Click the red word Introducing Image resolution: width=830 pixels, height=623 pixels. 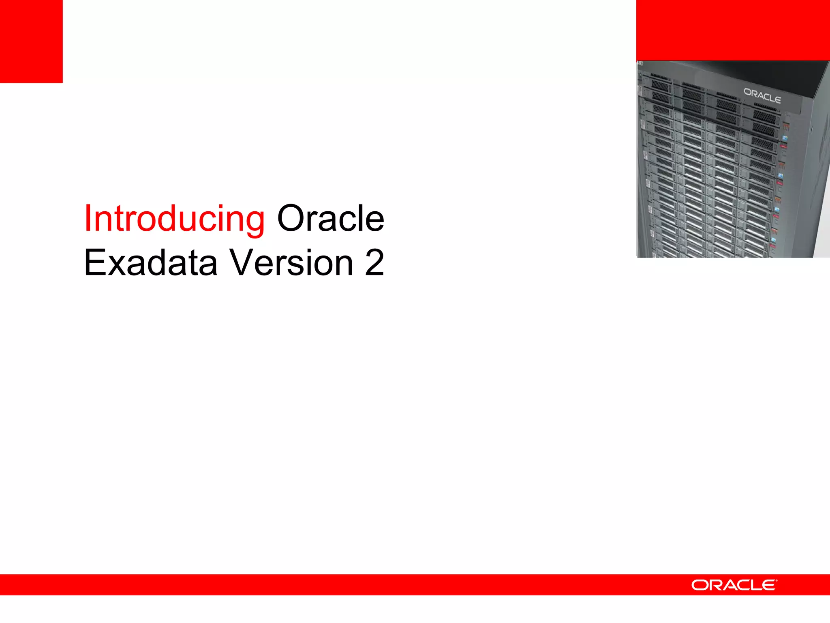pyautogui.click(x=174, y=219)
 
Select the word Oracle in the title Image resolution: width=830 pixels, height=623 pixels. pyautogui.click(x=330, y=219)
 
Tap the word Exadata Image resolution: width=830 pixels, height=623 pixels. pyautogui.click(x=151, y=263)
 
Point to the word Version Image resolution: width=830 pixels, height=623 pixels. pyautogui.click(x=292, y=263)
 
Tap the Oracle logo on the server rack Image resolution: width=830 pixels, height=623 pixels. pyautogui.click(x=762, y=96)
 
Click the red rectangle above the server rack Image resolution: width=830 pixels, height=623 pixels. pyautogui.click(x=733, y=30)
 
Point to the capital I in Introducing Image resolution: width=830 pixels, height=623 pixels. pyautogui.click(x=88, y=219)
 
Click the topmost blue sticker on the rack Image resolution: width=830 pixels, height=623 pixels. pyautogui.click(x=785, y=138)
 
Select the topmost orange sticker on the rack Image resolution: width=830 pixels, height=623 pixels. pyautogui.click(x=787, y=127)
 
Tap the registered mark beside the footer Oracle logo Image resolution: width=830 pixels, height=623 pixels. pyautogui.click(x=776, y=581)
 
